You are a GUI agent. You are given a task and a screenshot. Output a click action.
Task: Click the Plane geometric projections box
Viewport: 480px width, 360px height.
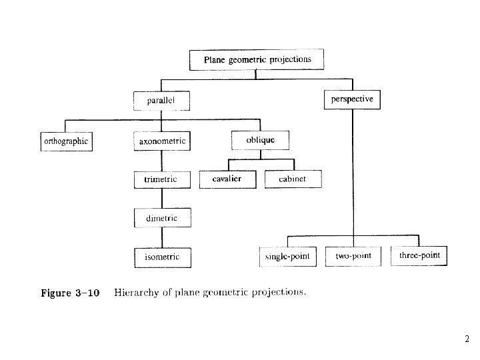click(x=257, y=60)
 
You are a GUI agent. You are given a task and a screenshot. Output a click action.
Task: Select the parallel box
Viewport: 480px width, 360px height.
click(x=162, y=101)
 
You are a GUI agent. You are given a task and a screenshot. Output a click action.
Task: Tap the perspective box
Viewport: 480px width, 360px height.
click(x=352, y=100)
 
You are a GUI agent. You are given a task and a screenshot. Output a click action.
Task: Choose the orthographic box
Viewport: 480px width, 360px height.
click(x=66, y=141)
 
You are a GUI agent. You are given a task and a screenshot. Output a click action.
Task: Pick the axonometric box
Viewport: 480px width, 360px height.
click(x=162, y=141)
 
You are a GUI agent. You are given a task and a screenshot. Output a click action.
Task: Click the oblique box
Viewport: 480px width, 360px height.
click(x=260, y=141)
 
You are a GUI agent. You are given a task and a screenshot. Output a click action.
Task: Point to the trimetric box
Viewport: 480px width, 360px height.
click(x=161, y=179)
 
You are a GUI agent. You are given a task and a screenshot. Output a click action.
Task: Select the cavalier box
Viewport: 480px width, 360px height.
click(x=227, y=179)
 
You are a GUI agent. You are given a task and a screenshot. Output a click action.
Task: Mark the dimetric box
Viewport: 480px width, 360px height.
click(x=162, y=218)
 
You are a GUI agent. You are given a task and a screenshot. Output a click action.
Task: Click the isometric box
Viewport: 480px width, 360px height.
click(x=162, y=257)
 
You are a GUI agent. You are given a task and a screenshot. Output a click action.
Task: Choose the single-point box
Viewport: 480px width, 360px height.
click(x=287, y=256)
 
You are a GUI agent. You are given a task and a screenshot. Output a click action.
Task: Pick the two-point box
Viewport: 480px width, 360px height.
click(x=353, y=256)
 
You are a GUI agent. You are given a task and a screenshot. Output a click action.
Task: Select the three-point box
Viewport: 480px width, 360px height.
click(x=419, y=256)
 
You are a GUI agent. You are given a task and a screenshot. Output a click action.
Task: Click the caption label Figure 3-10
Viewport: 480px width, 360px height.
click(x=70, y=293)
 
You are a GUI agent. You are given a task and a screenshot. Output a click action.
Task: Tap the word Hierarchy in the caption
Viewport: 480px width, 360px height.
click(x=136, y=292)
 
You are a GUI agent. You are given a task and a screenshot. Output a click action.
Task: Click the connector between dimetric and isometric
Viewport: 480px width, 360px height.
click(x=162, y=237)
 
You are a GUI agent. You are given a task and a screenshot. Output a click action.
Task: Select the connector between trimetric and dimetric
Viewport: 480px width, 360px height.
click(x=162, y=198)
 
